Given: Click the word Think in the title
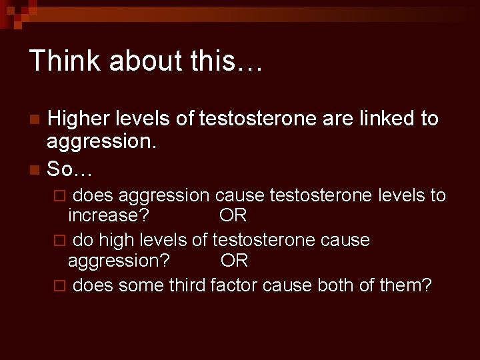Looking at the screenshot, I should (63, 60).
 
